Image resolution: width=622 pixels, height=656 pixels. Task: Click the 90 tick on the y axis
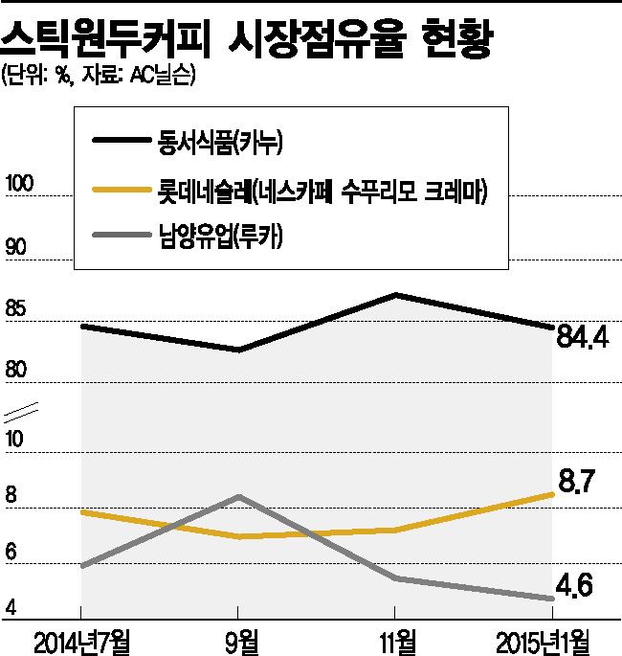pyautogui.click(x=16, y=247)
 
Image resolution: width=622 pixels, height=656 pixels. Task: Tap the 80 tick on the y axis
pyautogui.click(x=16, y=371)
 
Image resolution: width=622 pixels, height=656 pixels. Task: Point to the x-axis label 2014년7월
pyautogui.click(x=80, y=638)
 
